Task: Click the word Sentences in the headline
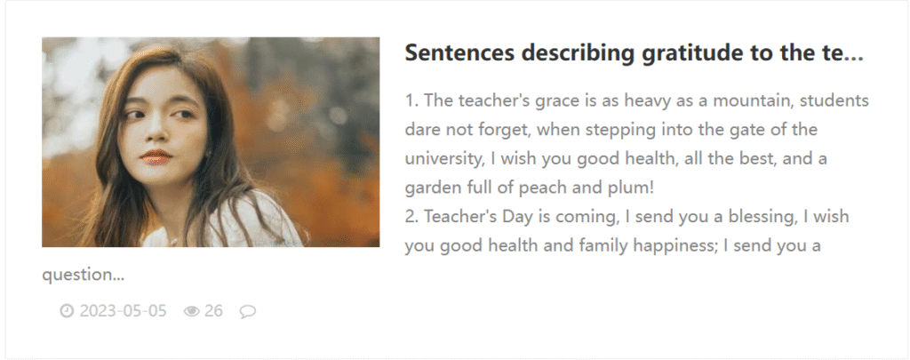459,52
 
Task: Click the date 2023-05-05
123,311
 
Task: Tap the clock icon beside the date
67,311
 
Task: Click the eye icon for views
192,312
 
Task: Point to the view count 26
213,311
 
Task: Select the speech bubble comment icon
248,312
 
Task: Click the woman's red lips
156,156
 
